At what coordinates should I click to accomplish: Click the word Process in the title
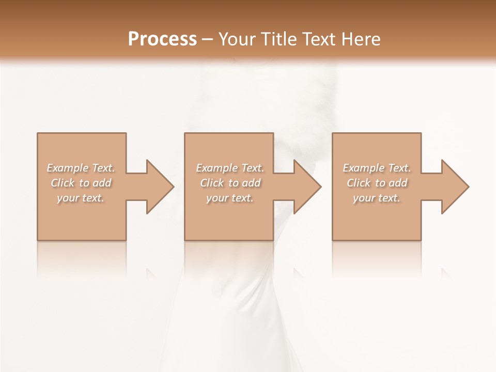coord(162,39)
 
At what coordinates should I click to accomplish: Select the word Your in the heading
coord(238,39)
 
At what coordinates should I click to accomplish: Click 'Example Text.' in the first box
coord(81,168)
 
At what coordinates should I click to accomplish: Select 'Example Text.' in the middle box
coord(229,168)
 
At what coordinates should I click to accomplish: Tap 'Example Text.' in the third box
coord(377,168)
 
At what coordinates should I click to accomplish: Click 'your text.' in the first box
coord(81,198)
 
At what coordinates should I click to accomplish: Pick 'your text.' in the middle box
coord(229,198)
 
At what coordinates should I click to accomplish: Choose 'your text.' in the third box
coord(377,198)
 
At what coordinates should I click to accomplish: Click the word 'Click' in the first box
coord(62,183)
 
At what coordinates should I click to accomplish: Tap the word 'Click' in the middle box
coord(211,183)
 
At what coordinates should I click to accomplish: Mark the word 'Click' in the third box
coord(359,183)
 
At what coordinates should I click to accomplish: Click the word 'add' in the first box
coord(102,183)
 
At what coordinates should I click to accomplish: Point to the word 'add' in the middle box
coord(251,183)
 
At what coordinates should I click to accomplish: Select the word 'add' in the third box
coord(398,183)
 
